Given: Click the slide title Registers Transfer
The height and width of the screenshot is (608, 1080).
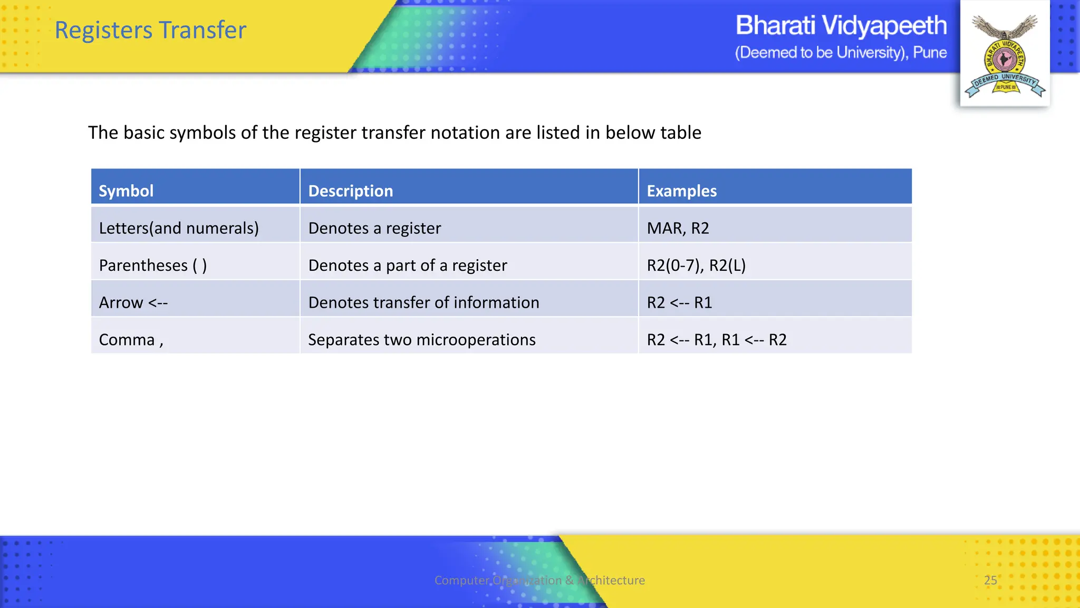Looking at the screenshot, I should click(150, 31).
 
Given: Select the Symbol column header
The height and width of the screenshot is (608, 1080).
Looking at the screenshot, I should click(126, 191).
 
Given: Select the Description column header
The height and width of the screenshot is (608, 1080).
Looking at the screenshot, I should click(351, 191).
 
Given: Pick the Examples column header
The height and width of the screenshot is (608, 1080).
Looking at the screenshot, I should click(681, 191).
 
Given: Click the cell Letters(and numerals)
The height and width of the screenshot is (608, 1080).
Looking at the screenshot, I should click(179, 228).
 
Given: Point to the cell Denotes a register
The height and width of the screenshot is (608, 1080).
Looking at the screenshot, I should click(374, 228).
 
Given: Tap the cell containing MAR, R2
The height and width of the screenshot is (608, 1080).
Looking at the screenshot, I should click(678, 228).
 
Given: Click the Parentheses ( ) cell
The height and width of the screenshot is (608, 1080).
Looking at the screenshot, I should click(153, 265).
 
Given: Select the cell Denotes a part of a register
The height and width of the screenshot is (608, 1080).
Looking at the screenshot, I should click(407, 265).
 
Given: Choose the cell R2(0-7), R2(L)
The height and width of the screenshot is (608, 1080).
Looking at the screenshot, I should click(696, 265).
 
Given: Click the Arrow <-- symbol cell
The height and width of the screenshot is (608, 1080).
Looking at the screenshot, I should click(133, 302).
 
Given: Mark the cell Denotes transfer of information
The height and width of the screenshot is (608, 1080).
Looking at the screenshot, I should click(423, 302).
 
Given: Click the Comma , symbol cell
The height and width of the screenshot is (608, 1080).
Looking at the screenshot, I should click(131, 339).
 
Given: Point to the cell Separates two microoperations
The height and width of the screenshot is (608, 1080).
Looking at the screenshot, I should click(421, 339).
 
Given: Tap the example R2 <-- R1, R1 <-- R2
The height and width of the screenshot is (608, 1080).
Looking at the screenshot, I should click(717, 339).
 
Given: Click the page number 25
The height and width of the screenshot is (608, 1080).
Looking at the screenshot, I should click(990, 580).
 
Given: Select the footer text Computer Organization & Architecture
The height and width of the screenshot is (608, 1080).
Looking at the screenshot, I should click(539, 580).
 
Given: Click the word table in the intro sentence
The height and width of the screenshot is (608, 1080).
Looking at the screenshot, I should click(681, 132).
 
